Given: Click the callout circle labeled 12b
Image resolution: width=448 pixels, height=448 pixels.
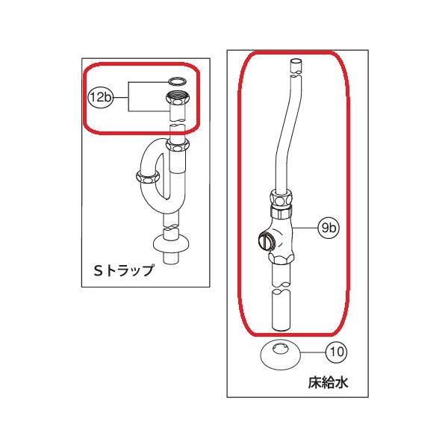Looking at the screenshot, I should (99, 96).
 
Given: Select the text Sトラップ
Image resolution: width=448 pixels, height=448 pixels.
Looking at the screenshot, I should (122, 270).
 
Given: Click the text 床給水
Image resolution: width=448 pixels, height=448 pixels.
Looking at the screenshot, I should (328, 384).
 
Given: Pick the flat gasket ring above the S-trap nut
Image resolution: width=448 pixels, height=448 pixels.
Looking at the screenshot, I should (178, 80).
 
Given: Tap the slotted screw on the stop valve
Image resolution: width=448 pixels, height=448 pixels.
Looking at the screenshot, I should (264, 241).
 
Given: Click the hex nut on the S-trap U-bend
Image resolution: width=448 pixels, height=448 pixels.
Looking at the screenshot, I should (147, 176).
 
